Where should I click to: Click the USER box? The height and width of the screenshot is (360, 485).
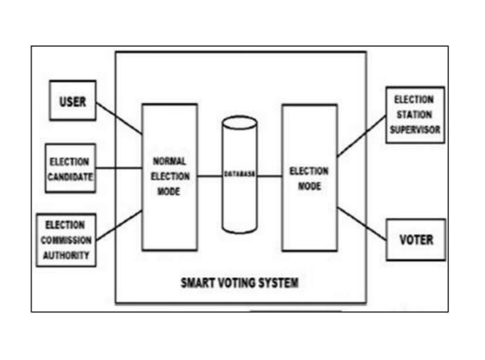tap(72, 101)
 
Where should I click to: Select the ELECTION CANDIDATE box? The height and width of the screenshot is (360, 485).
tap(71, 168)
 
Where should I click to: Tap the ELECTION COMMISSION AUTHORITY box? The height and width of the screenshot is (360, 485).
tap(66, 239)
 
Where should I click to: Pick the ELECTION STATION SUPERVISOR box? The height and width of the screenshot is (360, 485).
tap(415, 115)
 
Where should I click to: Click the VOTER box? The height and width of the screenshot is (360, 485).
tap(415, 239)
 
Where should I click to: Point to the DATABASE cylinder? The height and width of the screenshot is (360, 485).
tap(240, 175)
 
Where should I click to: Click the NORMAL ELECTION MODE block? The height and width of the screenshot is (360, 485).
tap(169, 176)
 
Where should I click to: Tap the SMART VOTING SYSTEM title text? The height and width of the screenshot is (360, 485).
tap(239, 283)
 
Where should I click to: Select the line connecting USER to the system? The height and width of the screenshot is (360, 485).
tap(119, 118)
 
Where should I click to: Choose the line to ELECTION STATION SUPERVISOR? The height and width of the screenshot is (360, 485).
tap(361, 139)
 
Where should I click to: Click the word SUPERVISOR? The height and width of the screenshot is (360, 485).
tap(415, 129)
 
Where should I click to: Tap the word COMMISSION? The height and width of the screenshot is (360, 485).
tap(66, 240)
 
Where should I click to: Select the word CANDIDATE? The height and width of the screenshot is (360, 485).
tap(71, 177)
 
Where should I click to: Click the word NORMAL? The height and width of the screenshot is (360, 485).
tap(169, 160)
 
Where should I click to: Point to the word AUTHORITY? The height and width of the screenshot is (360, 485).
tap(66, 255)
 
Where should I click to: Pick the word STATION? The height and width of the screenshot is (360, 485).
tap(414, 115)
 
